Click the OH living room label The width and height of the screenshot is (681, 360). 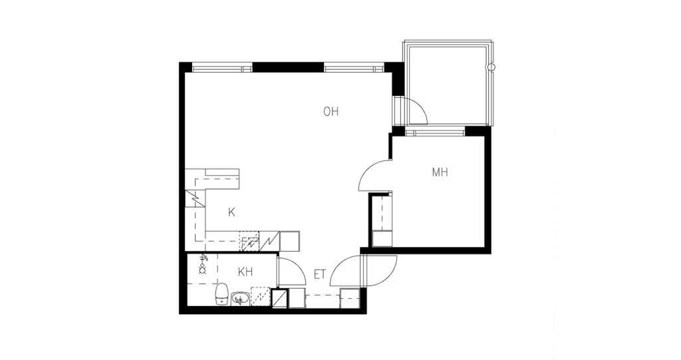331,112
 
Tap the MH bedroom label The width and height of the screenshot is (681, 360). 440,172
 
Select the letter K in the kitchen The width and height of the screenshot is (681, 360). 231,213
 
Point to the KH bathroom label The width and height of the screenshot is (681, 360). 245,272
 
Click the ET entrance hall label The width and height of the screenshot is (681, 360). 320,275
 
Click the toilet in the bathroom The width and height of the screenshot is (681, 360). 222,294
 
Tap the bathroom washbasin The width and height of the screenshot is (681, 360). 239,299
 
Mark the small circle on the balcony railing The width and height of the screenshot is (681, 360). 491,67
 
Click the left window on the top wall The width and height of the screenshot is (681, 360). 222,68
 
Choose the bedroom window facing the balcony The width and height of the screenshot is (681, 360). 434,132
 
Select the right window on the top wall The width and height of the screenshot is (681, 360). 354,68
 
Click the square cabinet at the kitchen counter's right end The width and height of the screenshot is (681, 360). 289,242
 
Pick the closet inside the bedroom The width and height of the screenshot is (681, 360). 381,220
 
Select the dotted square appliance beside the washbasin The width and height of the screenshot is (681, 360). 261,297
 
